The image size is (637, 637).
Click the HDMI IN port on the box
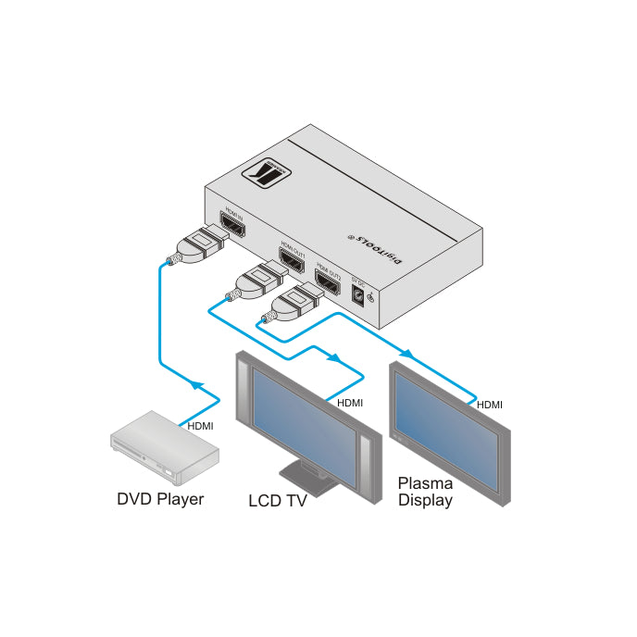tap(232, 228)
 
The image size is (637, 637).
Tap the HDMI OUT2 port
tap(330, 278)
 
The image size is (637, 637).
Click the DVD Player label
tap(160, 499)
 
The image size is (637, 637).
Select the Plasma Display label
tap(425, 492)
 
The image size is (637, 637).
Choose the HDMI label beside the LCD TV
tap(349, 403)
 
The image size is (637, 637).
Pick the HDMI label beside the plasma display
tap(489, 404)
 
